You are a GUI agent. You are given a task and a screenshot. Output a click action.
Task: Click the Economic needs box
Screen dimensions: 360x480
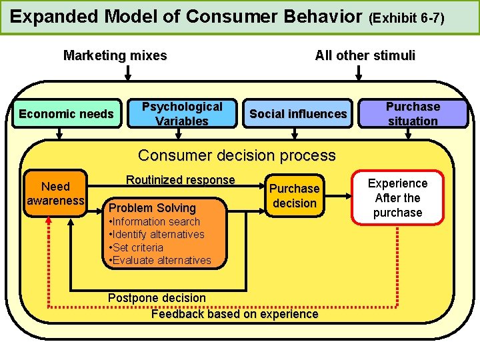(66, 114)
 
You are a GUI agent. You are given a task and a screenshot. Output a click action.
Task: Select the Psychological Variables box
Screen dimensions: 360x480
(182, 114)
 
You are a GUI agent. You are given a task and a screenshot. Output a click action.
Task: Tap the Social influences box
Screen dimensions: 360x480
(298, 114)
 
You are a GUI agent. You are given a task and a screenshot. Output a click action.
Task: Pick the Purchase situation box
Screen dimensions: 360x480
(413, 114)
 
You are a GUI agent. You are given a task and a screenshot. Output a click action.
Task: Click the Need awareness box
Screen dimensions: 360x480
(55, 193)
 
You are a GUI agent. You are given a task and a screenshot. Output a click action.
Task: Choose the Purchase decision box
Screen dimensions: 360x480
(294, 196)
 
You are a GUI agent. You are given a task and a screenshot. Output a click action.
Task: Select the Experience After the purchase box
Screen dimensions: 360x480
(397, 197)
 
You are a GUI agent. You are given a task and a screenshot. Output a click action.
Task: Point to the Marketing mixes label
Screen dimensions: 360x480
(115, 56)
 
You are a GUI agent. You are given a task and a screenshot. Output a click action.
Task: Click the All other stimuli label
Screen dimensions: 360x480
(365, 56)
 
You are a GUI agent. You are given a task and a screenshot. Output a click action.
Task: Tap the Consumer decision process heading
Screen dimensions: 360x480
(237, 156)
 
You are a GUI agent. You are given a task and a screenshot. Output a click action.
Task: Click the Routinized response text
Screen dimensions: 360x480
(180, 180)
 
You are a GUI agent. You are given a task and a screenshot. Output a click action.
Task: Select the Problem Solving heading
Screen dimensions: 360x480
(153, 208)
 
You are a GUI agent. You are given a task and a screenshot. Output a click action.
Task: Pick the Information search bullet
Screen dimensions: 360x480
(155, 221)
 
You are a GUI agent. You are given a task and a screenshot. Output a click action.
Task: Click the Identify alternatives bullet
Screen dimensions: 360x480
(157, 235)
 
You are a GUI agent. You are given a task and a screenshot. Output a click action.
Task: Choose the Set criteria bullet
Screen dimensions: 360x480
(137, 247)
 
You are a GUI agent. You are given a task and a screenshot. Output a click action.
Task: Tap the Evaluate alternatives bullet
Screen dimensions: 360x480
(161, 260)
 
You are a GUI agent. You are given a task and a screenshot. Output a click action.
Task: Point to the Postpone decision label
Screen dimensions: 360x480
(157, 297)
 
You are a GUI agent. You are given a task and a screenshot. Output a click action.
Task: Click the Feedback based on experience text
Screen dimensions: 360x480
(235, 314)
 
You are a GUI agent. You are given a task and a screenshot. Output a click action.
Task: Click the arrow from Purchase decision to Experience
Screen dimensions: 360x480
(339, 197)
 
